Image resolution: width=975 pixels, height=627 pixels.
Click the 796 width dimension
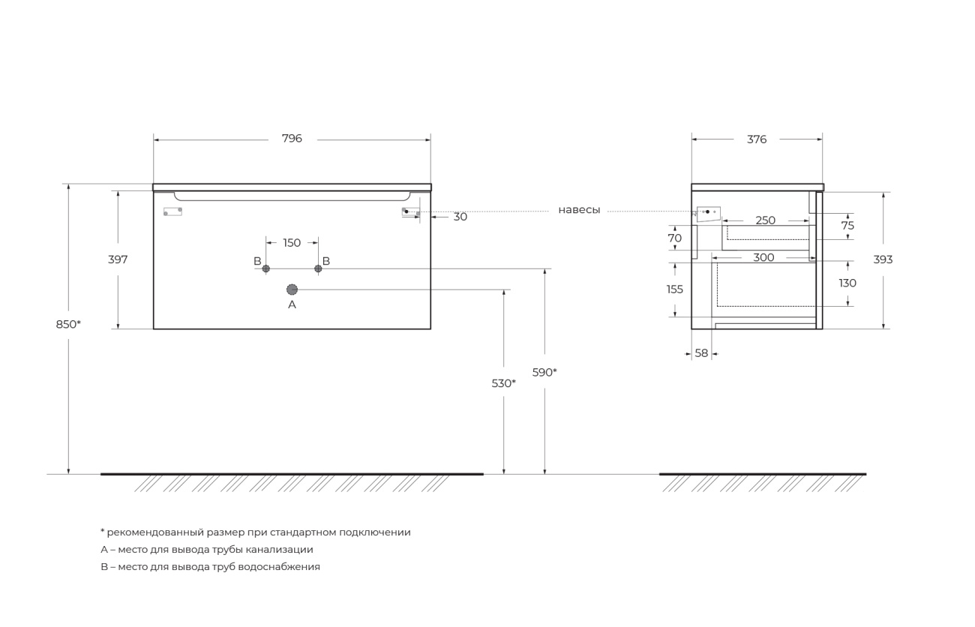pyautogui.click(x=292, y=139)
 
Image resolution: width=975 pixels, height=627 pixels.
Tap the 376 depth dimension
pyautogui.click(x=757, y=139)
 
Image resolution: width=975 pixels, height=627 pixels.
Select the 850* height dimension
pyautogui.click(x=68, y=325)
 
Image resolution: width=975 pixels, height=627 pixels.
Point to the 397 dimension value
pyautogui.click(x=118, y=259)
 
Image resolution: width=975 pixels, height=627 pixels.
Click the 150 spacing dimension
pyautogui.click(x=292, y=243)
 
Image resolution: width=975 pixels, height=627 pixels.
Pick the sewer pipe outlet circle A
pyautogui.click(x=292, y=289)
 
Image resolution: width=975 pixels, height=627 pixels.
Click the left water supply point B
pyautogui.click(x=266, y=268)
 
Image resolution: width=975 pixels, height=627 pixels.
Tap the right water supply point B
pyautogui.click(x=318, y=268)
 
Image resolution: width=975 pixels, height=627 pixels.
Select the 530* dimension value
pyautogui.click(x=503, y=383)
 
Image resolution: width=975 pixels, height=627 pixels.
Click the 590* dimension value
pyautogui.click(x=544, y=373)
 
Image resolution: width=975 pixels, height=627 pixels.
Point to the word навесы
pyautogui.click(x=579, y=210)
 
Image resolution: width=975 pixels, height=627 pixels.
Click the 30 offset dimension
pyautogui.click(x=460, y=217)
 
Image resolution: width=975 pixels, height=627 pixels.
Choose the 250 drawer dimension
pyautogui.click(x=765, y=220)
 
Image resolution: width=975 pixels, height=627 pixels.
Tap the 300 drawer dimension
pyautogui.click(x=764, y=258)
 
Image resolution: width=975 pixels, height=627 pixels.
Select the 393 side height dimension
pyautogui.click(x=883, y=259)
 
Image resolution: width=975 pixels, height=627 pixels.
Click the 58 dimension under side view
pyautogui.click(x=701, y=353)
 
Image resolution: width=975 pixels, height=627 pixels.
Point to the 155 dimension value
pyautogui.click(x=675, y=289)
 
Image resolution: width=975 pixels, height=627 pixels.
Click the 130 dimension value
pyautogui.click(x=847, y=283)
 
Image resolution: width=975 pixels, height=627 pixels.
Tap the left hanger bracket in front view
pyautogui.click(x=172, y=211)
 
